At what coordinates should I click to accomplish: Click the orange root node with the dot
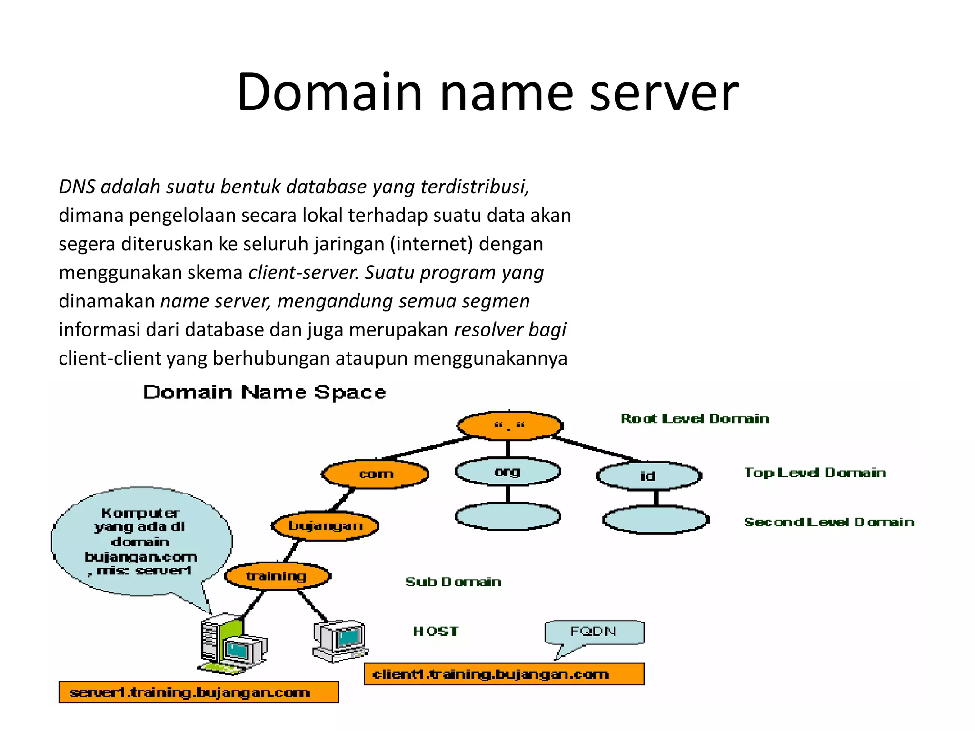point(509,425)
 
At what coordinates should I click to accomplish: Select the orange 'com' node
point(376,474)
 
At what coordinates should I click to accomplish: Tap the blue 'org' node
point(507,472)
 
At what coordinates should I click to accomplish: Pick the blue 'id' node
point(648,475)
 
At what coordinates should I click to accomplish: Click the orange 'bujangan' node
point(325,526)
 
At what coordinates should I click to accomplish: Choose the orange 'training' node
point(277,576)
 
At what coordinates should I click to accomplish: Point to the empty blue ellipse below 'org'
point(507,516)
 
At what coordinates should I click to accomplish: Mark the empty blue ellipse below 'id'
point(656,520)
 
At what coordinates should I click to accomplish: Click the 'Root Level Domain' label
point(695,419)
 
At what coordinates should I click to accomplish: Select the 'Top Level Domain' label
point(815,473)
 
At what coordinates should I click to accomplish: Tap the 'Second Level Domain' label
point(829,522)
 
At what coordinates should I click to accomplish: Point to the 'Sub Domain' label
point(453,582)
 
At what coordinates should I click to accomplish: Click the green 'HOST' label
point(436,631)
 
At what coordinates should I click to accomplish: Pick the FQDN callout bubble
point(594,632)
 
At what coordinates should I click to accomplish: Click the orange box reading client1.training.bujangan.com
point(504,674)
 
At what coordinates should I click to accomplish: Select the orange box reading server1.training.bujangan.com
point(199,692)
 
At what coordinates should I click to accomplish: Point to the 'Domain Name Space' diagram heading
point(265,392)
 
